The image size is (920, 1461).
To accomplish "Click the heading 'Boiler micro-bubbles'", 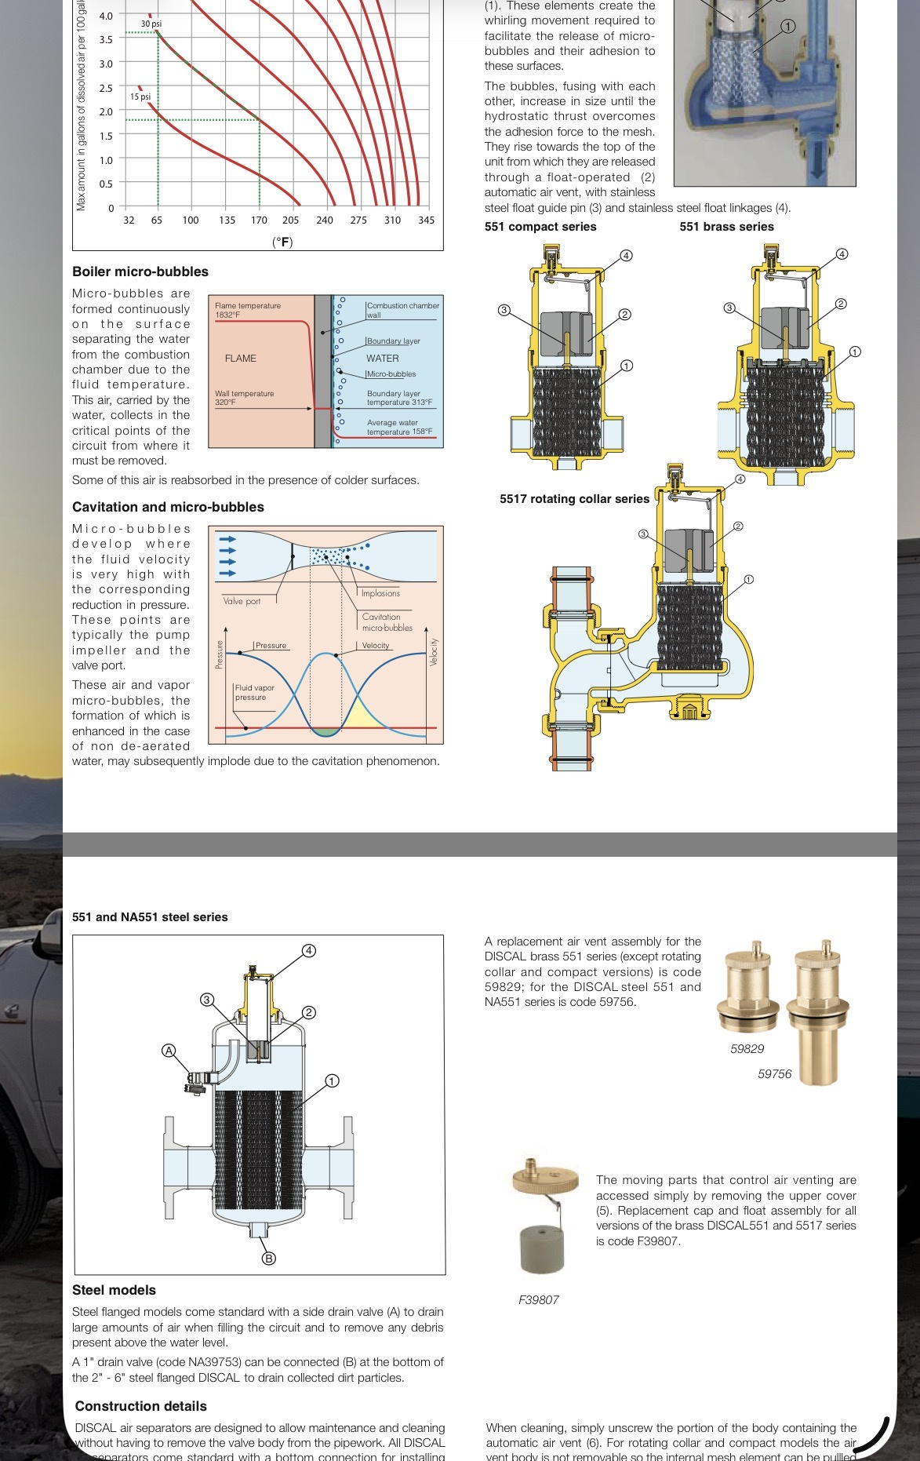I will (x=140, y=271).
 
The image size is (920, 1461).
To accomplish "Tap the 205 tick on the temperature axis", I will (x=290, y=220).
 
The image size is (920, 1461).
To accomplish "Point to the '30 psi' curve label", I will (x=151, y=24).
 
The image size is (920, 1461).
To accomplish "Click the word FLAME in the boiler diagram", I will (x=241, y=359).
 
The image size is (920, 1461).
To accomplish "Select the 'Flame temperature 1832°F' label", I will (x=248, y=310).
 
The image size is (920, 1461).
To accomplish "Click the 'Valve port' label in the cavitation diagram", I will (x=242, y=601).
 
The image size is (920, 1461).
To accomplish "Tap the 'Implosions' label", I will (x=380, y=593).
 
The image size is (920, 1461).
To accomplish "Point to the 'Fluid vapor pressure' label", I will (x=254, y=692).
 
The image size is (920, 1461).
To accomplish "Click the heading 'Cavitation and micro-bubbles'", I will (x=168, y=507).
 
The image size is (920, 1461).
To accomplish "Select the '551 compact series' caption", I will (x=540, y=227).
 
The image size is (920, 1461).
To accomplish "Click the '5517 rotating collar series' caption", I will (x=574, y=499).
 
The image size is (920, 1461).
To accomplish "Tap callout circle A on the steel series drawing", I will (x=169, y=1051).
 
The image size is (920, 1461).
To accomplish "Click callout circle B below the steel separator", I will (x=268, y=1259).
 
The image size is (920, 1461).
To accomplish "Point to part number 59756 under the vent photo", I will (x=774, y=1074).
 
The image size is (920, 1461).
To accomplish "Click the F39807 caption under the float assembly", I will (x=539, y=1300).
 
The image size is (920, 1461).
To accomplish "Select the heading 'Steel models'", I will (x=114, y=1290).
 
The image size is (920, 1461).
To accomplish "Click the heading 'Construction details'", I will (x=141, y=1406).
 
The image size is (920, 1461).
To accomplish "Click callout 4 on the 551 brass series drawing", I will (x=842, y=254).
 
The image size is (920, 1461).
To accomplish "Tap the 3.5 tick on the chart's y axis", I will (x=105, y=39).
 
